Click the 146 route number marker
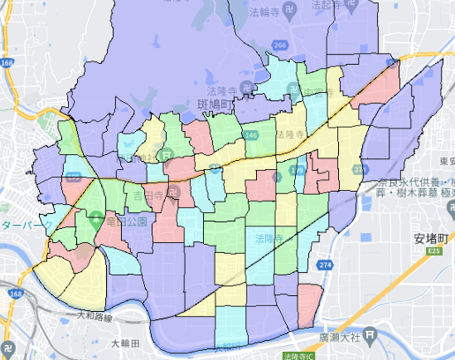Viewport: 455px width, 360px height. pos(250,134)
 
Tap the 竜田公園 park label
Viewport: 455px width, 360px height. pos(125,222)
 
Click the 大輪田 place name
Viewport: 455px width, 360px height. pos(125,342)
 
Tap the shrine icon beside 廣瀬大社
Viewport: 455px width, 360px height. pos(372,337)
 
